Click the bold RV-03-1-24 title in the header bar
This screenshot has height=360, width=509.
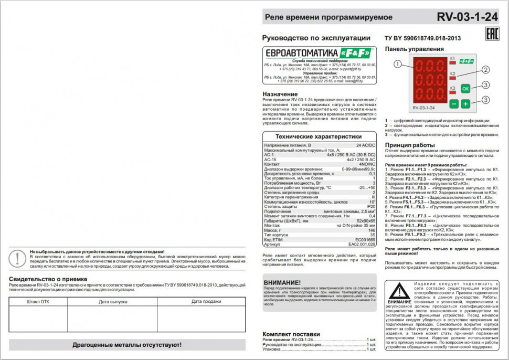coord(467,17)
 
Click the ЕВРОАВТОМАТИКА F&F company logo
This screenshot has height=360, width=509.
coord(319,53)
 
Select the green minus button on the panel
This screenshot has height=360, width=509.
coord(454,104)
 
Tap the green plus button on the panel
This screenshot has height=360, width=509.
coord(465,104)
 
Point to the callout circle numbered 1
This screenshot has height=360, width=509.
coord(398,64)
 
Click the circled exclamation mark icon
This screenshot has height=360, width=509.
coord(19,258)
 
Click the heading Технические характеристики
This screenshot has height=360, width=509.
coord(319,136)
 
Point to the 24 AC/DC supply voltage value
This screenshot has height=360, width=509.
coord(366,145)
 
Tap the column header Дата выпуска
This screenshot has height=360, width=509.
coord(112,302)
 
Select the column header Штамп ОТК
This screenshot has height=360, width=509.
coord(38,302)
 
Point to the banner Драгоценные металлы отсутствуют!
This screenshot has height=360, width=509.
coord(127,345)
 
